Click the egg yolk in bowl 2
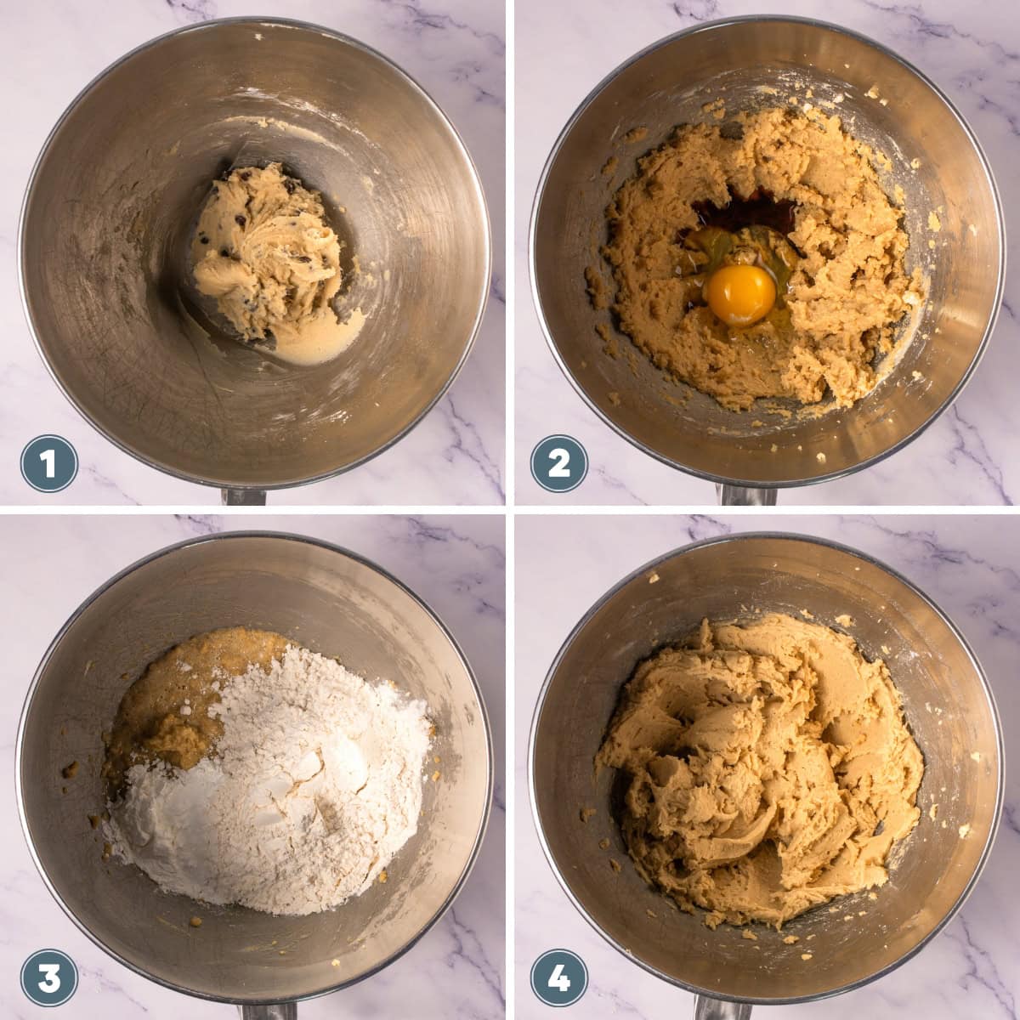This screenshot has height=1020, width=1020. point(739,294)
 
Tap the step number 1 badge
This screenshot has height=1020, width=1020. point(49,463)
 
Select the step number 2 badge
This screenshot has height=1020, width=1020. point(558,463)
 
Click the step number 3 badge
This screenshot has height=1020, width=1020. point(49,977)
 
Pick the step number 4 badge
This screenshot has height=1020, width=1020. point(558,977)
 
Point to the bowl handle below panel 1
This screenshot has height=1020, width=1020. point(244,496)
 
